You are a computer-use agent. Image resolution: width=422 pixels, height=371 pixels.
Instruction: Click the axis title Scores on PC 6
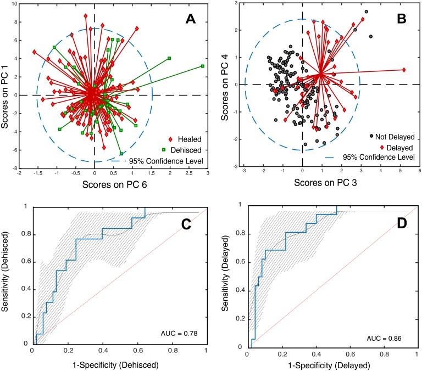(x=93, y=187)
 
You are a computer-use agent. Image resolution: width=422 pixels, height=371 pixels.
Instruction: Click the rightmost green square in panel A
(x=203, y=66)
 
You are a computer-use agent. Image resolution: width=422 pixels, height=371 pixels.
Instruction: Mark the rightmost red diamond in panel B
(x=404, y=70)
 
